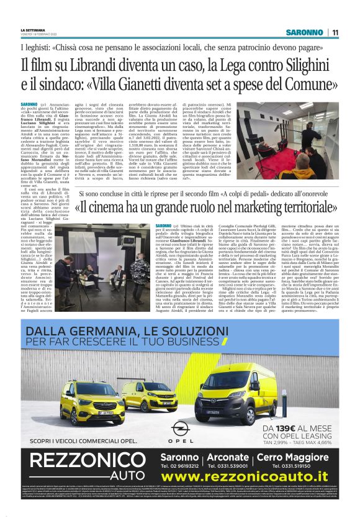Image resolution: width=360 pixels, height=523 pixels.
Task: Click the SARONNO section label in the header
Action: tap(304, 32)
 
